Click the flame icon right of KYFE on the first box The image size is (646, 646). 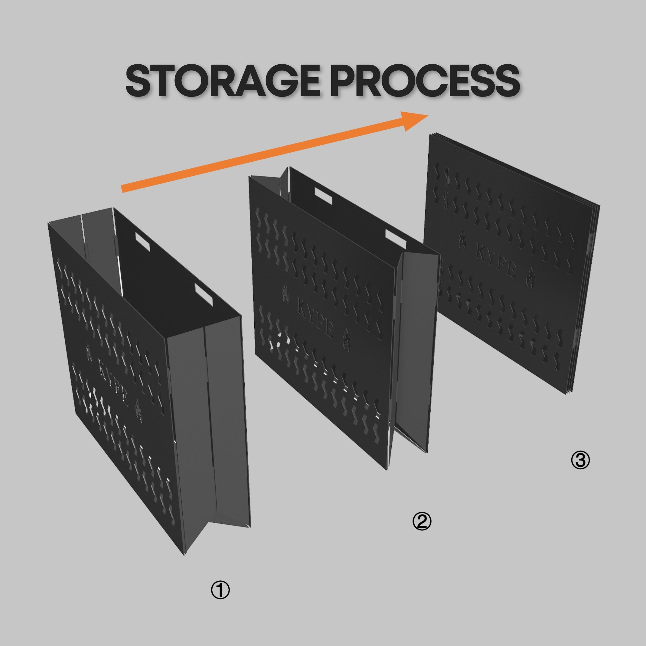tap(138, 410)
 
